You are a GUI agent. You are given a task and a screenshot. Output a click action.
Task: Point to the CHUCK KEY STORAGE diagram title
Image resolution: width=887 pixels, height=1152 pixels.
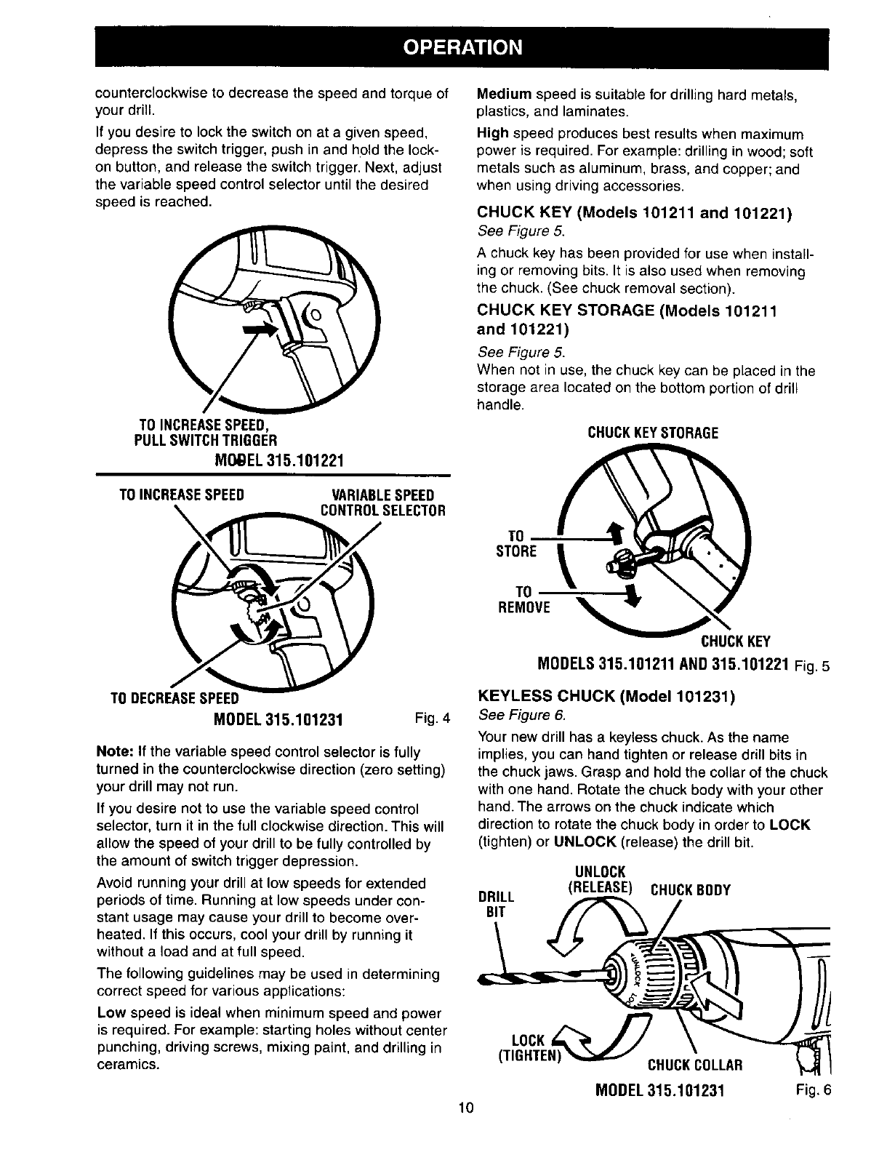tap(652, 433)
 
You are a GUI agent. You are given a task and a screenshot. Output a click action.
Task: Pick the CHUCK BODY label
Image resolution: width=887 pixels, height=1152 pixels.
tap(689, 890)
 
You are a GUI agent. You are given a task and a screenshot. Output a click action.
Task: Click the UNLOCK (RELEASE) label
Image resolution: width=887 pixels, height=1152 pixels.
tap(600, 879)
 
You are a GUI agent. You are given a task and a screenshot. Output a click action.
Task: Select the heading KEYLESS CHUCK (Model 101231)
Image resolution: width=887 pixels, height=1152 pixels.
tap(606, 697)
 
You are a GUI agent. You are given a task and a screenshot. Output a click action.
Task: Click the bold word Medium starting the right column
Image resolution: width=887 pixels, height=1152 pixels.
tap(504, 95)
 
